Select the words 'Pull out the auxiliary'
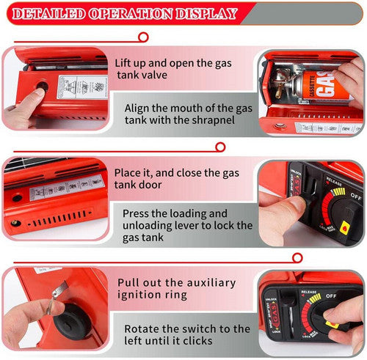tap(176, 282)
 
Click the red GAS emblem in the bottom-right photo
tap(272, 315)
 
